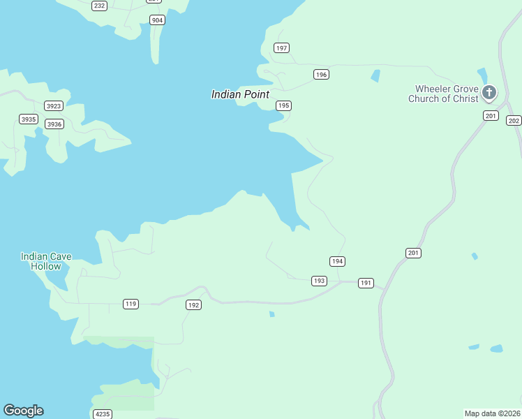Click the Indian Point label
pyautogui.click(x=240, y=94)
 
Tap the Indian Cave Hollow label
pyautogui.click(x=46, y=261)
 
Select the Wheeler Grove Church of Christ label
pyautogui.click(x=447, y=94)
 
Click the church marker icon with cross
pyautogui.click(x=489, y=92)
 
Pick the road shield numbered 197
pyautogui.click(x=281, y=48)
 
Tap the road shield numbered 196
pyautogui.click(x=321, y=75)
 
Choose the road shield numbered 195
pyautogui.click(x=283, y=105)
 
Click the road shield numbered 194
pyautogui.click(x=338, y=261)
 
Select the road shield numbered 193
pyautogui.click(x=319, y=281)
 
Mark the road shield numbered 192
pyautogui.click(x=193, y=305)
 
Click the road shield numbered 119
pyautogui.click(x=130, y=304)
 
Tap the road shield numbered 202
pyautogui.click(x=514, y=121)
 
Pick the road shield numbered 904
pyautogui.click(x=157, y=20)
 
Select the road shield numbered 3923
pyautogui.click(x=53, y=106)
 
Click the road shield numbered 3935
pyautogui.click(x=29, y=119)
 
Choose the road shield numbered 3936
pyautogui.click(x=54, y=124)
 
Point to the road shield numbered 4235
pyautogui.click(x=102, y=414)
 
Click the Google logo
pyautogui.click(x=23, y=411)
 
